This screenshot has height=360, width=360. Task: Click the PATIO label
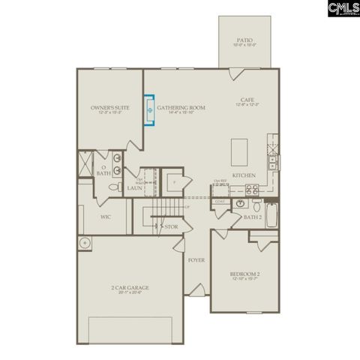click(x=244, y=40)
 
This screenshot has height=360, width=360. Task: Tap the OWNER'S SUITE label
click(x=110, y=108)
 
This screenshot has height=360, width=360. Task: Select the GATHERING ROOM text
click(x=187, y=108)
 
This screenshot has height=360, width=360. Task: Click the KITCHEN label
click(x=244, y=175)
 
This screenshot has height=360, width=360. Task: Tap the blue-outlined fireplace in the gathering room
click(x=150, y=110)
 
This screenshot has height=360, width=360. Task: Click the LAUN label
click(x=134, y=187)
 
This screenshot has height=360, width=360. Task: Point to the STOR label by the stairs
click(x=171, y=226)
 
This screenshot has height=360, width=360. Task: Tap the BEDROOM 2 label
click(x=244, y=274)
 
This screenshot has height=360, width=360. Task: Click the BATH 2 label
click(x=253, y=217)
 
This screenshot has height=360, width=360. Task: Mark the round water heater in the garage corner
click(x=85, y=243)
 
